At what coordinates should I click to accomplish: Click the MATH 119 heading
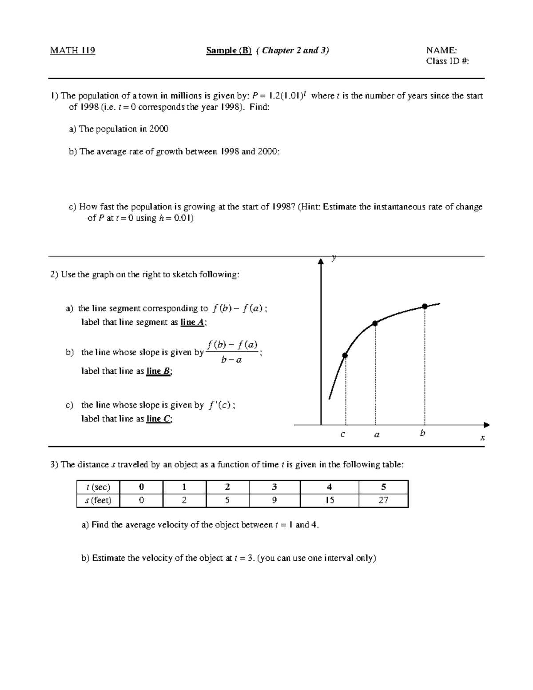(72, 50)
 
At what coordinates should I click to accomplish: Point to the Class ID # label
(447, 61)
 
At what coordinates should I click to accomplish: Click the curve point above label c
(345, 355)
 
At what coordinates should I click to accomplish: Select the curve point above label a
(375, 323)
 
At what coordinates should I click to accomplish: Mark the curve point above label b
(425, 306)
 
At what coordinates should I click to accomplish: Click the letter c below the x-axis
(342, 434)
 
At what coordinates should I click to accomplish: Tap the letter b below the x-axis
(422, 433)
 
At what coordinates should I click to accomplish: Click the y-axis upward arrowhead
(321, 262)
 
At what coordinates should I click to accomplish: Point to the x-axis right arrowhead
(486, 425)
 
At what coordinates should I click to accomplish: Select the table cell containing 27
(383, 500)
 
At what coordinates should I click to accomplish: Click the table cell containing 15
(329, 500)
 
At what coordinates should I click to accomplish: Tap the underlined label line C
(159, 419)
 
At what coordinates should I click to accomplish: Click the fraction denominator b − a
(231, 360)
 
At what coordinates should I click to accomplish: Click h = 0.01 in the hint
(175, 218)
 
